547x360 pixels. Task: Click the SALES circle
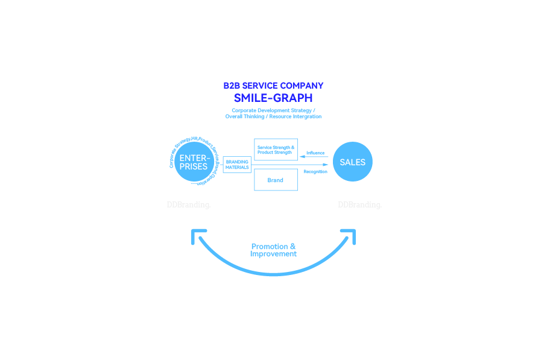[352, 162]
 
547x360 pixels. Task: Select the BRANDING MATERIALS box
[237, 165]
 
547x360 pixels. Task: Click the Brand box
[276, 180]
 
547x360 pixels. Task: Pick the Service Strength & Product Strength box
[276, 150]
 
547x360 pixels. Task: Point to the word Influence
[315, 153]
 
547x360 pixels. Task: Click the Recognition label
[315, 172]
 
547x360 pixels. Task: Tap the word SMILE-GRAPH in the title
[273, 98]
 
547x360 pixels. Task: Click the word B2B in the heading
[232, 86]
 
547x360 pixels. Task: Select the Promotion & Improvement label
[273, 250]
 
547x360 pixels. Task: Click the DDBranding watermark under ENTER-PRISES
[189, 205]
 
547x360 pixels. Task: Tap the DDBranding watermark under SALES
[359, 205]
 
